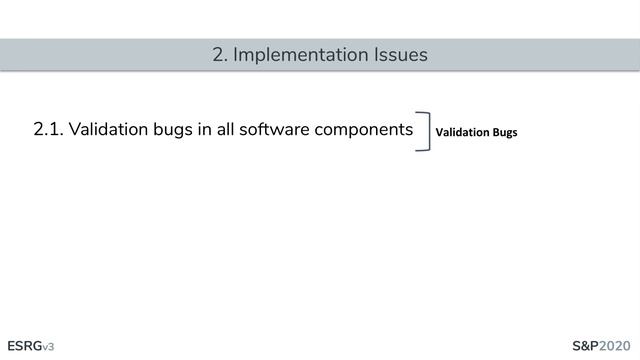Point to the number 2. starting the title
click(220, 55)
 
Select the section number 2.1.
click(48, 131)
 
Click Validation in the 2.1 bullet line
click(107, 131)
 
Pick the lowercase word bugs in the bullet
click(172, 131)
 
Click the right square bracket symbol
click(425, 131)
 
